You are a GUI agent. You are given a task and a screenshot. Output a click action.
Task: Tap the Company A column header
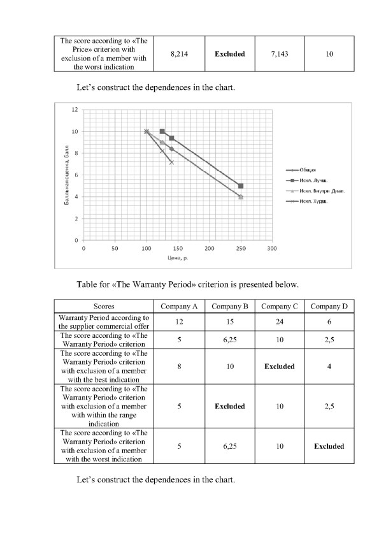180,307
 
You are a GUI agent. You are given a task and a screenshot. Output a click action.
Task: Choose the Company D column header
329,307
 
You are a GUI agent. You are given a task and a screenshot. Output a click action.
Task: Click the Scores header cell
104,307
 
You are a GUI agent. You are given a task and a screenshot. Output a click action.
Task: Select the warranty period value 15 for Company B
230,322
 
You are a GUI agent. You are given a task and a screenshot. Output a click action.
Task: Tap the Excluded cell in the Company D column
329,446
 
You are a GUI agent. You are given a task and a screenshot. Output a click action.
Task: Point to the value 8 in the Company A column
180,366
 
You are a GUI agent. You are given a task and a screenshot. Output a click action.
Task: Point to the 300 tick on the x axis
271,248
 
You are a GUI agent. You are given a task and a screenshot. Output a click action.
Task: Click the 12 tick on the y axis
75,110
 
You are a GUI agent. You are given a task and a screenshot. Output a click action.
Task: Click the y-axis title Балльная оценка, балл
66,175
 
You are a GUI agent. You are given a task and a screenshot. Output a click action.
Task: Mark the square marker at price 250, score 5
241,186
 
